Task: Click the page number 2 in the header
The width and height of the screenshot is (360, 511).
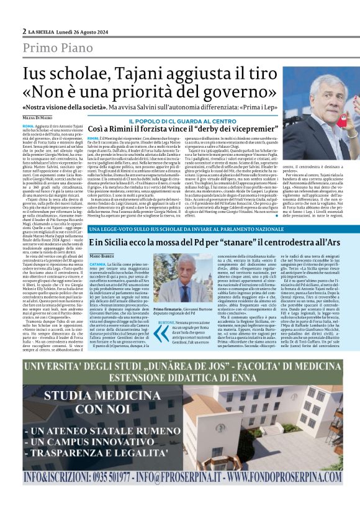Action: click(24, 30)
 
